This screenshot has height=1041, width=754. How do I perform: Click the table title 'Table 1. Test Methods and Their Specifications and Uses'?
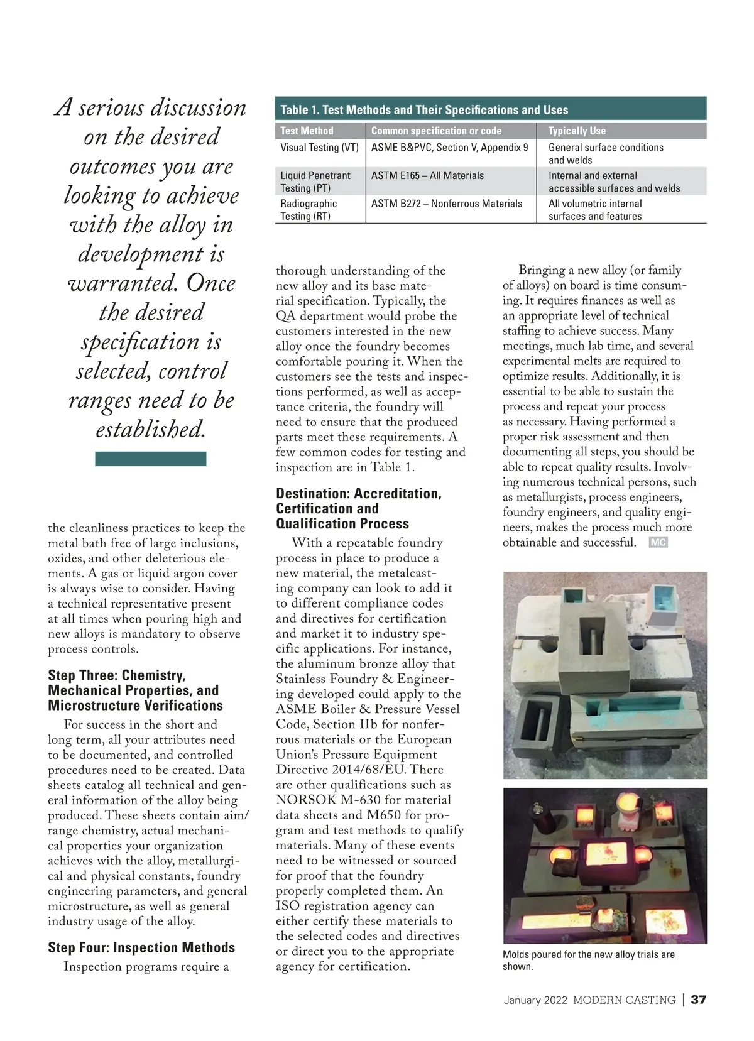pyautogui.click(x=424, y=110)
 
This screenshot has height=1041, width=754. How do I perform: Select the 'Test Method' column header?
pyautogui.click(x=307, y=131)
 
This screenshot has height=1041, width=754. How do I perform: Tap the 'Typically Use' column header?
pyautogui.click(x=577, y=131)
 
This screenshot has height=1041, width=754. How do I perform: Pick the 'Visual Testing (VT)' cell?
pyautogui.click(x=319, y=148)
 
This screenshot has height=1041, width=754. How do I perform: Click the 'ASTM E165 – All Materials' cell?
pyautogui.click(x=427, y=176)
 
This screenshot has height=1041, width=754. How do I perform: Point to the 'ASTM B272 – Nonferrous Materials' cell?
pyautogui.click(x=447, y=204)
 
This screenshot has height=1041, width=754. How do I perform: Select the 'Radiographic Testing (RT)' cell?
pyautogui.click(x=309, y=210)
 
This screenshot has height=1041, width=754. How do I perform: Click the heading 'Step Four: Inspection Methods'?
pyautogui.click(x=141, y=947)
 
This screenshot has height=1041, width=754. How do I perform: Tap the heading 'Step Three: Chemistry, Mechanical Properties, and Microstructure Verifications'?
pyautogui.click(x=136, y=690)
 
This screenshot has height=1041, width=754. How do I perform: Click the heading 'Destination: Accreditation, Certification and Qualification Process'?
pyautogui.click(x=359, y=509)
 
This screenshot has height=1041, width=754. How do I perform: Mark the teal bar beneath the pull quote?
pyautogui.click(x=151, y=459)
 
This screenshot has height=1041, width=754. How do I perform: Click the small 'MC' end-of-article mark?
pyautogui.click(x=658, y=543)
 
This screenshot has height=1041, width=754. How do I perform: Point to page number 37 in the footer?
pyautogui.click(x=698, y=1000)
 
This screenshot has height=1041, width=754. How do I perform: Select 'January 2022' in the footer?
pyautogui.click(x=535, y=1000)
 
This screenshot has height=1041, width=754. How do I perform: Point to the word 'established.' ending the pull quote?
pyautogui.click(x=151, y=430)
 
